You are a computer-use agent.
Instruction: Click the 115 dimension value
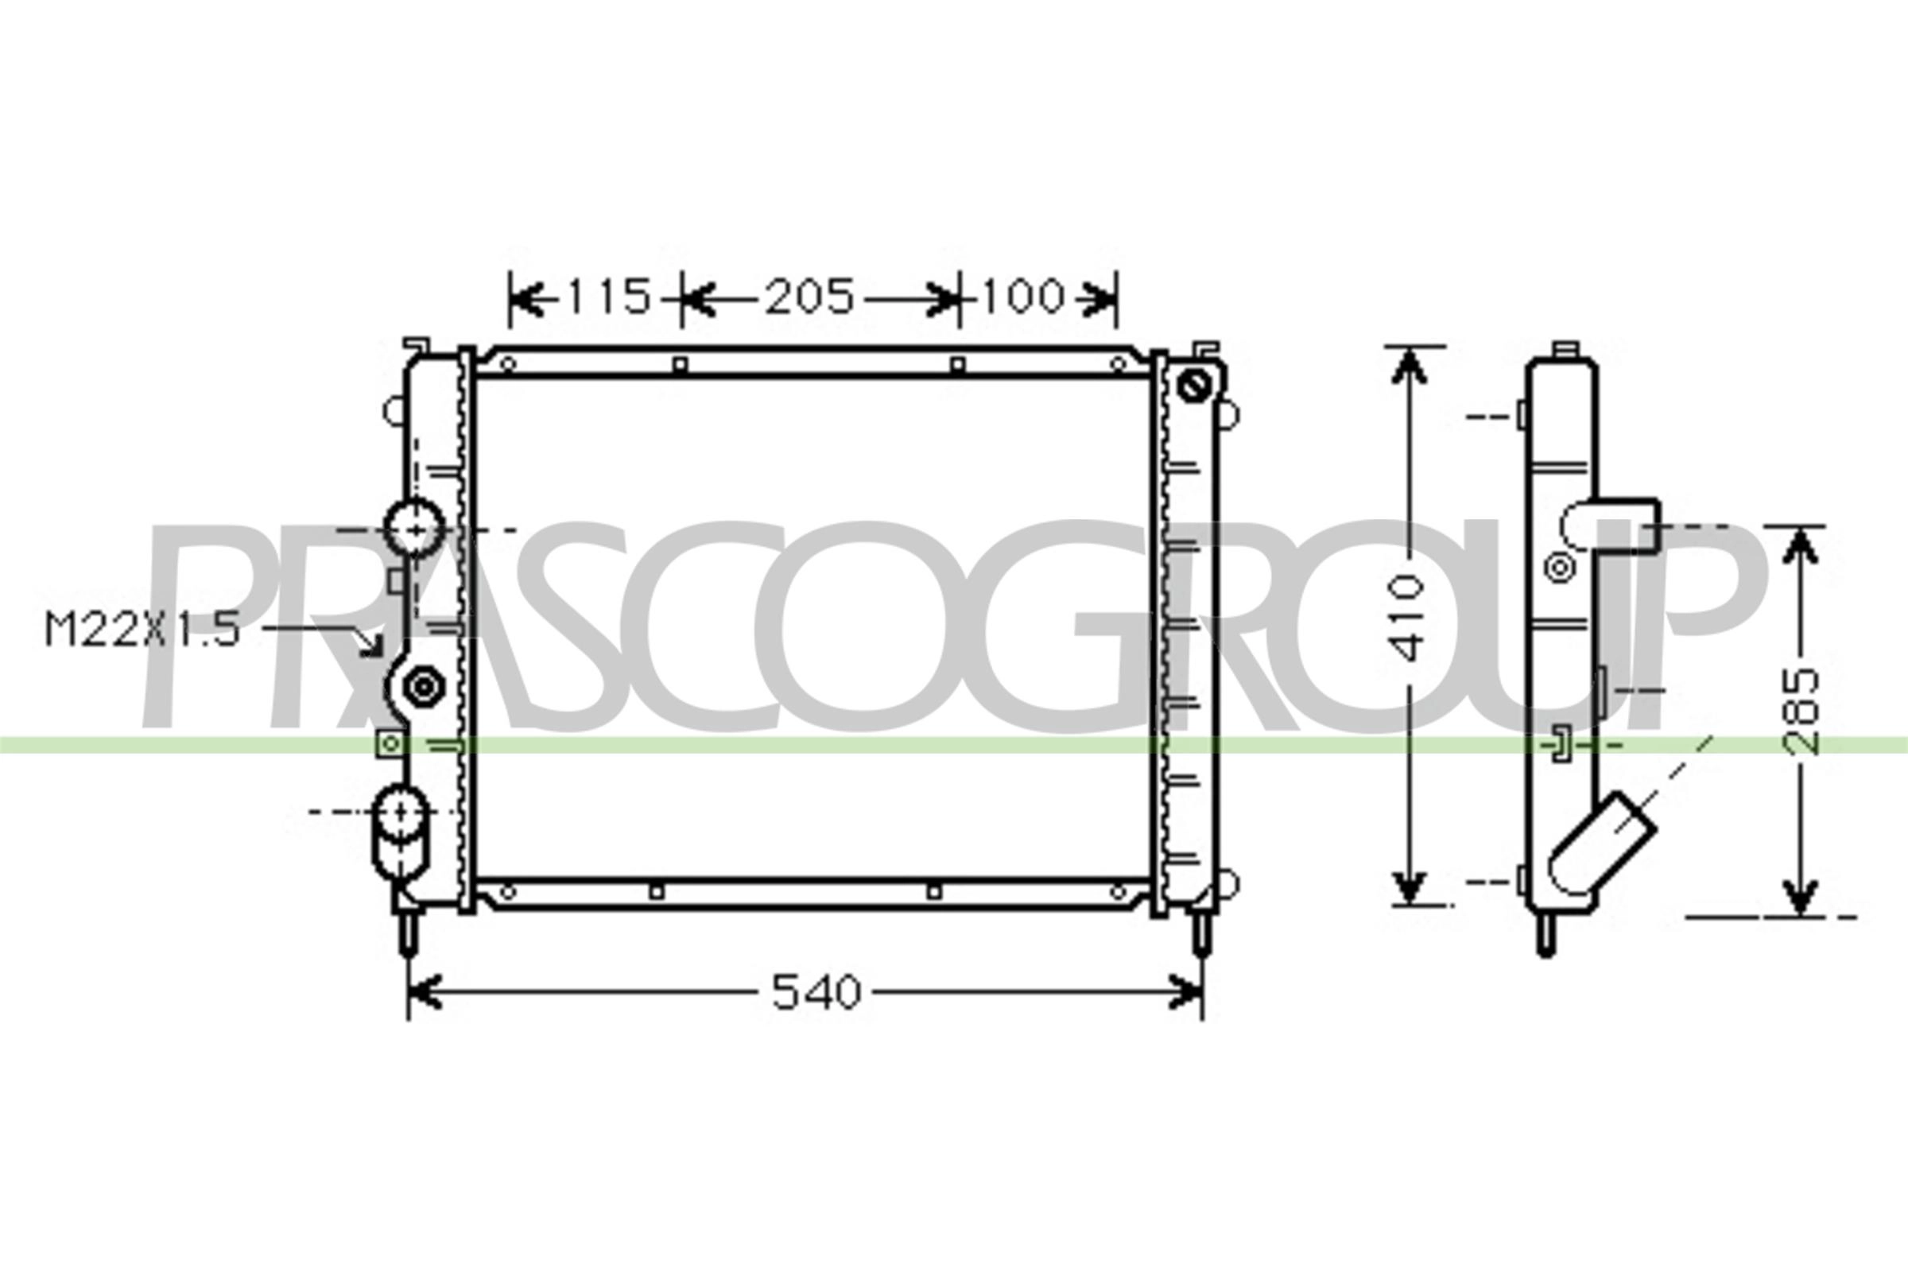pos(608,297)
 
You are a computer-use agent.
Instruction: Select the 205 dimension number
pos(809,297)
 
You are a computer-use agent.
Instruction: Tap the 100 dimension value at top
pos(1023,297)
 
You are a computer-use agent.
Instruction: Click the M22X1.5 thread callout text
pos(143,630)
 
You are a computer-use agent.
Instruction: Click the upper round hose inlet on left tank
pos(415,528)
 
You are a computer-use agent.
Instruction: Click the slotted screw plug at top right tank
pos(1193,385)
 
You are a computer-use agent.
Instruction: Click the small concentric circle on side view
pos(1559,568)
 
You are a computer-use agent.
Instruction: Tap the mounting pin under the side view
pos(1546,937)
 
